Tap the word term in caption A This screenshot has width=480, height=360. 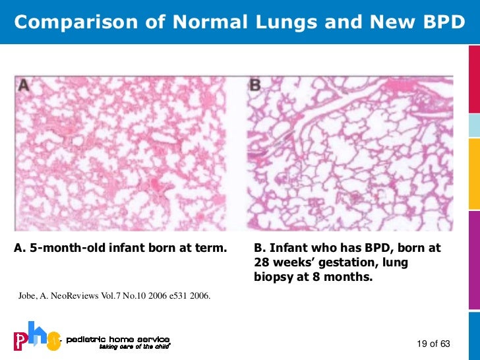tap(212, 249)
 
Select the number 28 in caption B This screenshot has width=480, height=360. tap(261, 263)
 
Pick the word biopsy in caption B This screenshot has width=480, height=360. tap(274, 278)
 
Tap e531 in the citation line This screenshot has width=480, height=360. tap(176, 296)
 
